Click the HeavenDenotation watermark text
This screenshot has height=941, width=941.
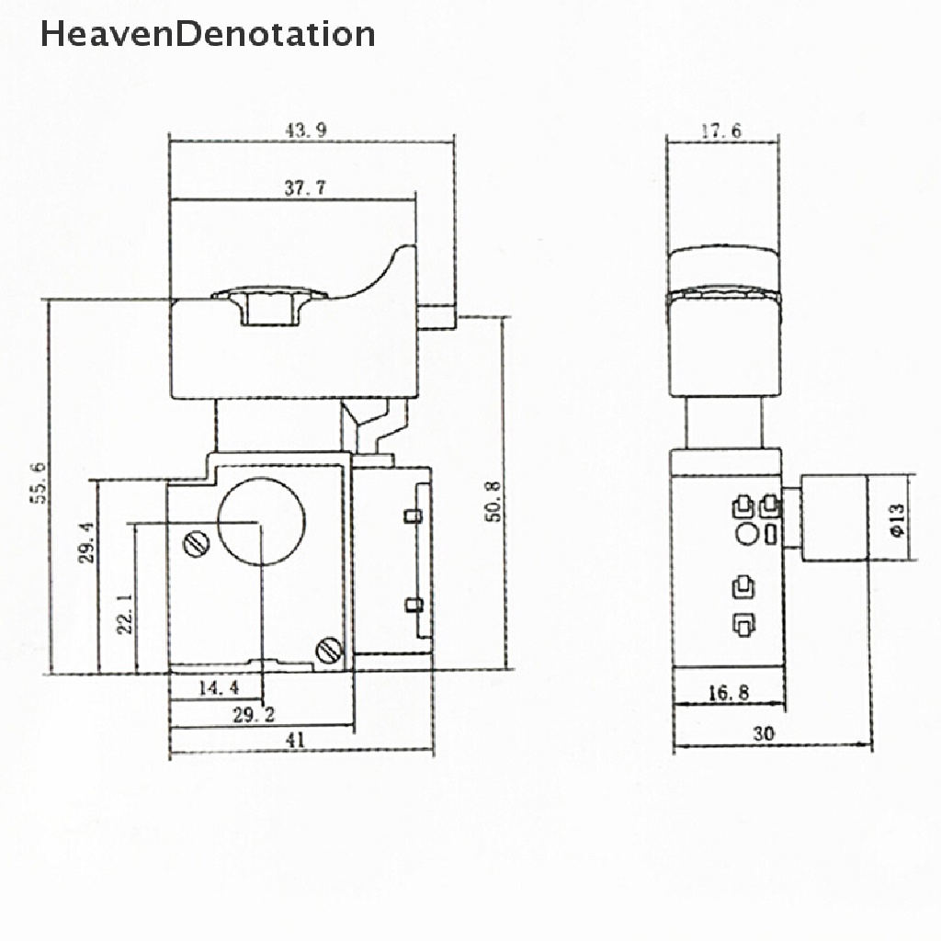pos(208,34)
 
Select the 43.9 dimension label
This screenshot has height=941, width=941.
pos(306,130)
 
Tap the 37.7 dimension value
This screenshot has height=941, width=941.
pos(305,187)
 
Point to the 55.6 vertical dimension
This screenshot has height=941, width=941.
pos(38,483)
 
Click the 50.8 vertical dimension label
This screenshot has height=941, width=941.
pos(493,501)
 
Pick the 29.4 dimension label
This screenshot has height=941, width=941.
pos(86,542)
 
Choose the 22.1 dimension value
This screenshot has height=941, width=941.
pos(125,614)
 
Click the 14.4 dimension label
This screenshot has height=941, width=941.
pos(219,687)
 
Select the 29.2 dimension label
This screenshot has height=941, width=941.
pos(254,715)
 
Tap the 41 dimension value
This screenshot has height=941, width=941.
pos(295,740)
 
